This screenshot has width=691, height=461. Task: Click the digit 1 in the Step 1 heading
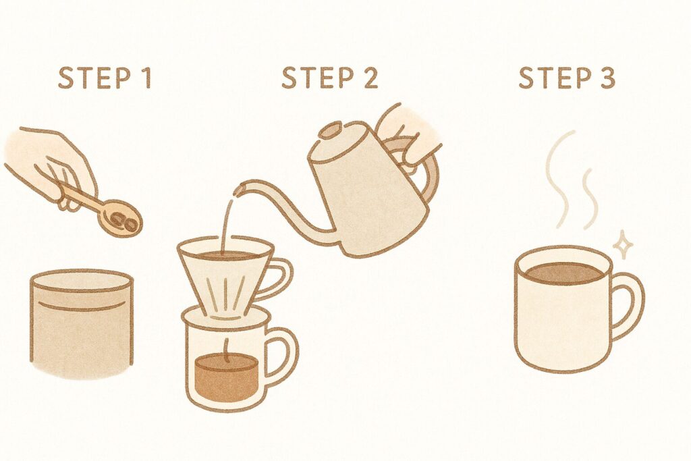146,78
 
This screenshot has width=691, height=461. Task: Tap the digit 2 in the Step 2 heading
369,78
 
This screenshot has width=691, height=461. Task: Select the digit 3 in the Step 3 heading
606,78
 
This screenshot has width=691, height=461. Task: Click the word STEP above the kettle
317,78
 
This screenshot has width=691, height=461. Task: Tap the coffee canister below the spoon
82,324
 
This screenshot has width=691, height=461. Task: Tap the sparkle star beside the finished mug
623,245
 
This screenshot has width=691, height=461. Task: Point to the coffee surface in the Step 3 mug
563,273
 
